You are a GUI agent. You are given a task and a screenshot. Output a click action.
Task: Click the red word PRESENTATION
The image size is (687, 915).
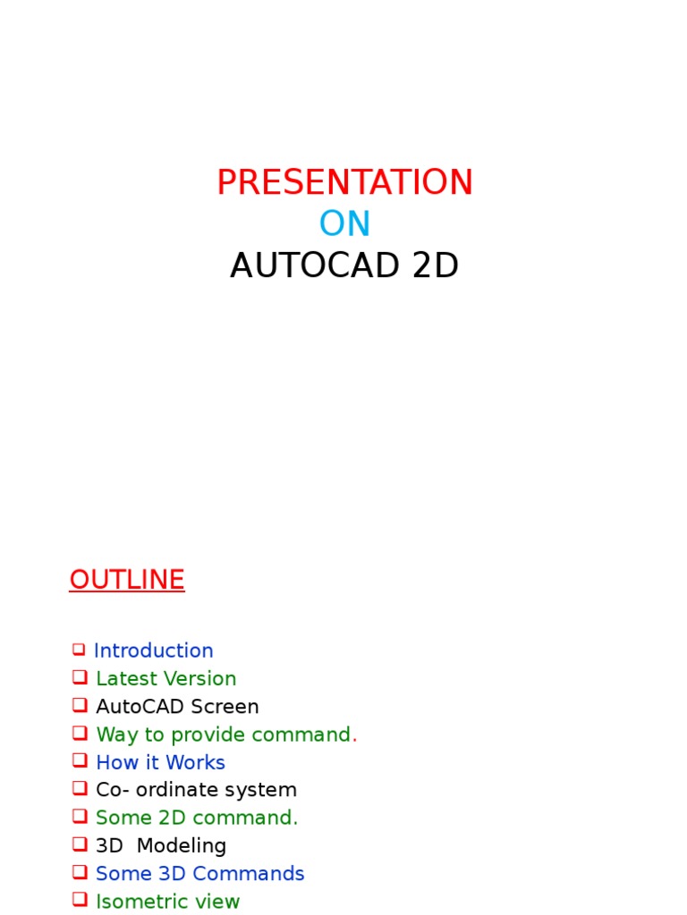pos(344,183)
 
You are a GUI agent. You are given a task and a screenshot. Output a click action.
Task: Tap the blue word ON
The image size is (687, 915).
pos(344,224)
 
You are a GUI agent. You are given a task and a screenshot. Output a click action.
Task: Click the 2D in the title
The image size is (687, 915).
pos(435,266)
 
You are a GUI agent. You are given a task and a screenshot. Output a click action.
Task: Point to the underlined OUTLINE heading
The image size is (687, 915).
pos(127,580)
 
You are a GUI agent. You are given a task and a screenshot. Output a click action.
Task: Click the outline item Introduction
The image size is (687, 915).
pos(154,651)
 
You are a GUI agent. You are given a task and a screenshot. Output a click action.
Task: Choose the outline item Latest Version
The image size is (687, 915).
pos(166,679)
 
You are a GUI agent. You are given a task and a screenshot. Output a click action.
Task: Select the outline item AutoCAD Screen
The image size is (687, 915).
pos(177,707)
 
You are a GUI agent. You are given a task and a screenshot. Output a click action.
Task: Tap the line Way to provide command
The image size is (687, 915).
pos(225,735)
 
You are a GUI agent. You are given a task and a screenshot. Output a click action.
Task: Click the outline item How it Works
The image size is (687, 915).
pos(160,762)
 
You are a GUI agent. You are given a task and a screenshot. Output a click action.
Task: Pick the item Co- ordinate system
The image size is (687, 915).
pos(196,790)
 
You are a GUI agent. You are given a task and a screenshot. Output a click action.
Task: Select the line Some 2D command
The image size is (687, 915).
pos(197,818)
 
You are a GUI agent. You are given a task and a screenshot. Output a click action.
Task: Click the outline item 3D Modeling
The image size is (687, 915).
pos(161,845)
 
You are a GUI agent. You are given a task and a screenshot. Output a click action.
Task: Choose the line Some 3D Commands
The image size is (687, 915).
pos(200,873)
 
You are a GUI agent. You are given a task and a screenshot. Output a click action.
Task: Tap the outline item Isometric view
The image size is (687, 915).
pos(168,901)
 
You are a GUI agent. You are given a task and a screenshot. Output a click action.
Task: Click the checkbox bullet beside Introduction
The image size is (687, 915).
pos(79,650)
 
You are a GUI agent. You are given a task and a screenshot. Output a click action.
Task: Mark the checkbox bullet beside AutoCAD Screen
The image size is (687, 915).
pos(80,705)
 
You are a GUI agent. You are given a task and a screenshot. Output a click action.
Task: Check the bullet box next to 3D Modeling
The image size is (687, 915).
pos(80,844)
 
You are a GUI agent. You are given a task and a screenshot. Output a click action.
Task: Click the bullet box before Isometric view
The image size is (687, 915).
pos(80,899)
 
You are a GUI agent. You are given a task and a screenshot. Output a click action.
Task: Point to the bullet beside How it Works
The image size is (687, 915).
pos(80,760)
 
